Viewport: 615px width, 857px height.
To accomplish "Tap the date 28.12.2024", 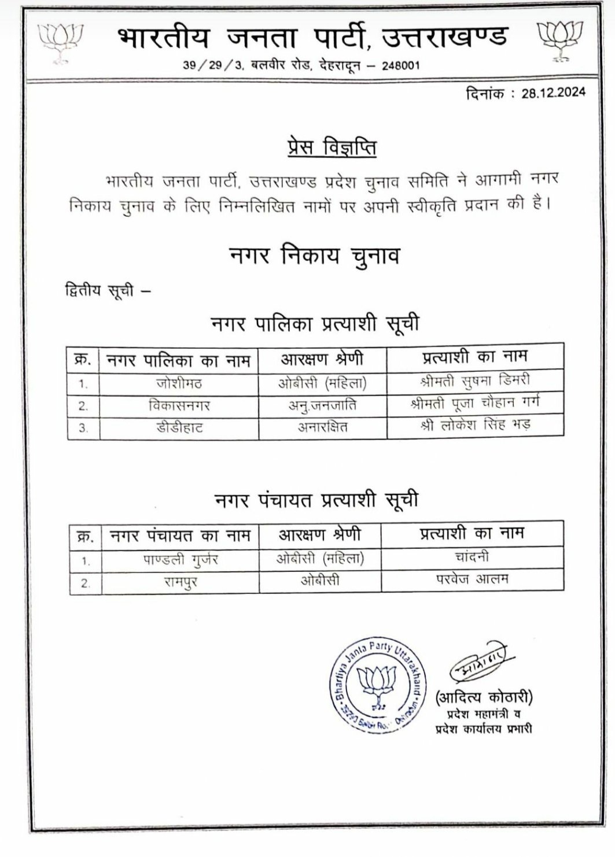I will tap(553, 93).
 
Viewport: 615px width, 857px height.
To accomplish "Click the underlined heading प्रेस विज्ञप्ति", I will tap(332, 147).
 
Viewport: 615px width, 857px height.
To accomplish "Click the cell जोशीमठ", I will tap(179, 383).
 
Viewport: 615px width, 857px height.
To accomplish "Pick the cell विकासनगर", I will tap(179, 405).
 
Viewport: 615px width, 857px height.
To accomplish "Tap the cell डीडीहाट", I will tap(179, 428).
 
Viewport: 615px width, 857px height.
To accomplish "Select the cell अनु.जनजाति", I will tap(322, 405).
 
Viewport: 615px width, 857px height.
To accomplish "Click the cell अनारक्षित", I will tap(322, 428).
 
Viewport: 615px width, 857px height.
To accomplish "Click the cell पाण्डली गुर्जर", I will tap(181, 560).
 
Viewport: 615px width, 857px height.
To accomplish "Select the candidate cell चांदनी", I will tap(472, 557).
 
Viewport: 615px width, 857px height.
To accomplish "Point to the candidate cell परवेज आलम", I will tap(472, 579).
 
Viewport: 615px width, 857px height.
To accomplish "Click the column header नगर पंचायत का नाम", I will tap(181, 536).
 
